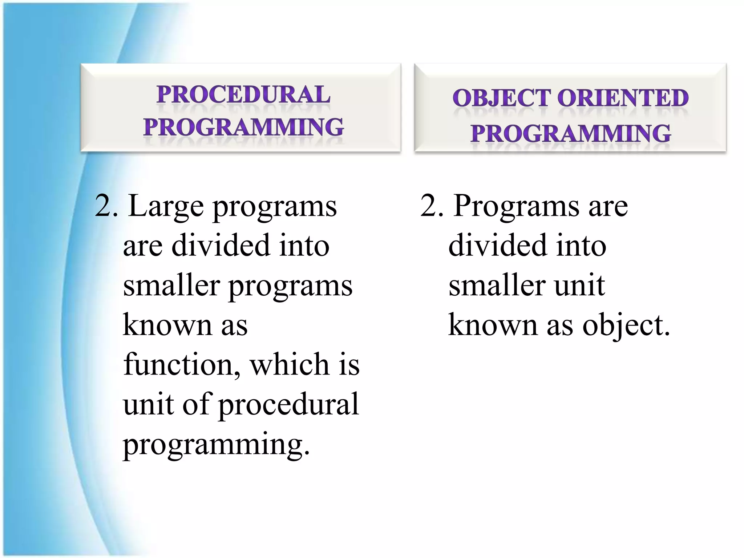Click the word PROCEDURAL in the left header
(x=243, y=95)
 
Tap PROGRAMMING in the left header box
(x=243, y=127)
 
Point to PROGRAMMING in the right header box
(x=570, y=133)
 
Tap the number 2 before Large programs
(x=103, y=206)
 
